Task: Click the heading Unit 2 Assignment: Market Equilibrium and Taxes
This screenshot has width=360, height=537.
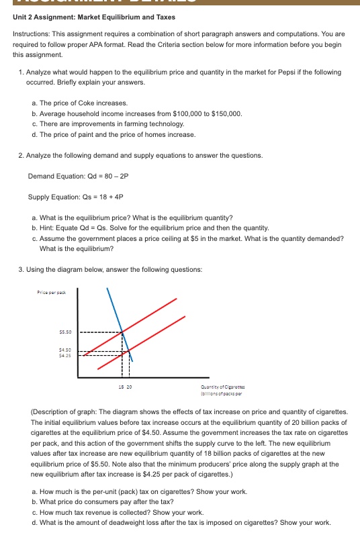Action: [94, 16]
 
